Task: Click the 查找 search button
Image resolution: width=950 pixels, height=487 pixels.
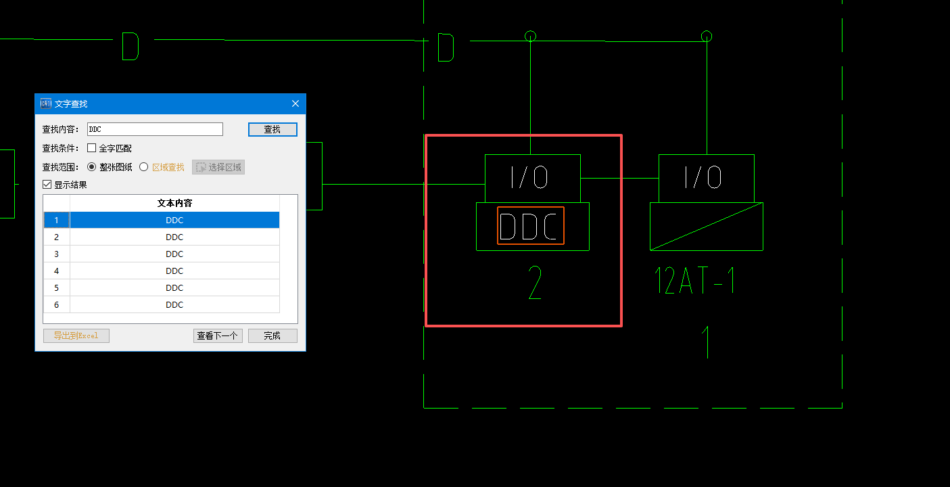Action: pyautogui.click(x=272, y=129)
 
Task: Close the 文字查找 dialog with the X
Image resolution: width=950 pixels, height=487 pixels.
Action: pyautogui.click(x=295, y=103)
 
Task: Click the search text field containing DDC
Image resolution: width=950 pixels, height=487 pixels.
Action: pyautogui.click(x=155, y=129)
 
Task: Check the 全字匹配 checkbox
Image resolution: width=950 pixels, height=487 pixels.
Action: pyautogui.click(x=92, y=148)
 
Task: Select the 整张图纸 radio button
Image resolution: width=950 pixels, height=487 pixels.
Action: pyautogui.click(x=92, y=167)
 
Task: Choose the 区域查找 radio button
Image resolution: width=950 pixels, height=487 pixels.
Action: pyautogui.click(x=144, y=167)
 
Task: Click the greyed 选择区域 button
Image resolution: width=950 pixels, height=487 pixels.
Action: pyautogui.click(x=218, y=167)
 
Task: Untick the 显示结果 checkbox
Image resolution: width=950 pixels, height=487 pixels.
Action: pyautogui.click(x=47, y=185)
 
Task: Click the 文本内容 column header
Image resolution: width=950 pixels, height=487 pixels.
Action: pyautogui.click(x=174, y=203)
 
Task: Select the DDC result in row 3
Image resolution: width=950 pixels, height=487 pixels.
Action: pyautogui.click(x=174, y=254)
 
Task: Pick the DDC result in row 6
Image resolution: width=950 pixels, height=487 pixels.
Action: pyautogui.click(x=174, y=304)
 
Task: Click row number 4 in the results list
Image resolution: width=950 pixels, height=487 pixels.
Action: pyautogui.click(x=57, y=271)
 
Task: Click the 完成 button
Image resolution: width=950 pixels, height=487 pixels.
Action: pyautogui.click(x=272, y=335)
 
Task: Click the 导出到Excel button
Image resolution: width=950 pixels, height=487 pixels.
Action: pyautogui.click(x=76, y=335)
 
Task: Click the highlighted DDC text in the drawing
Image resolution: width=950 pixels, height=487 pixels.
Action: pyautogui.click(x=531, y=226)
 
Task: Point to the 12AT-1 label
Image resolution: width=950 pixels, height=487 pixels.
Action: pyautogui.click(x=694, y=280)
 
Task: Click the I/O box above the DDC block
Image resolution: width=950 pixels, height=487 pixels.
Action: pyautogui.click(x=532, y=178)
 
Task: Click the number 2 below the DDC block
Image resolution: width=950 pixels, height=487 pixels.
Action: pyautogui.click(x=535, y=283)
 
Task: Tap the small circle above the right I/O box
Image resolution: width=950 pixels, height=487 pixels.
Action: pyautogui.click(x=707, y=36)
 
